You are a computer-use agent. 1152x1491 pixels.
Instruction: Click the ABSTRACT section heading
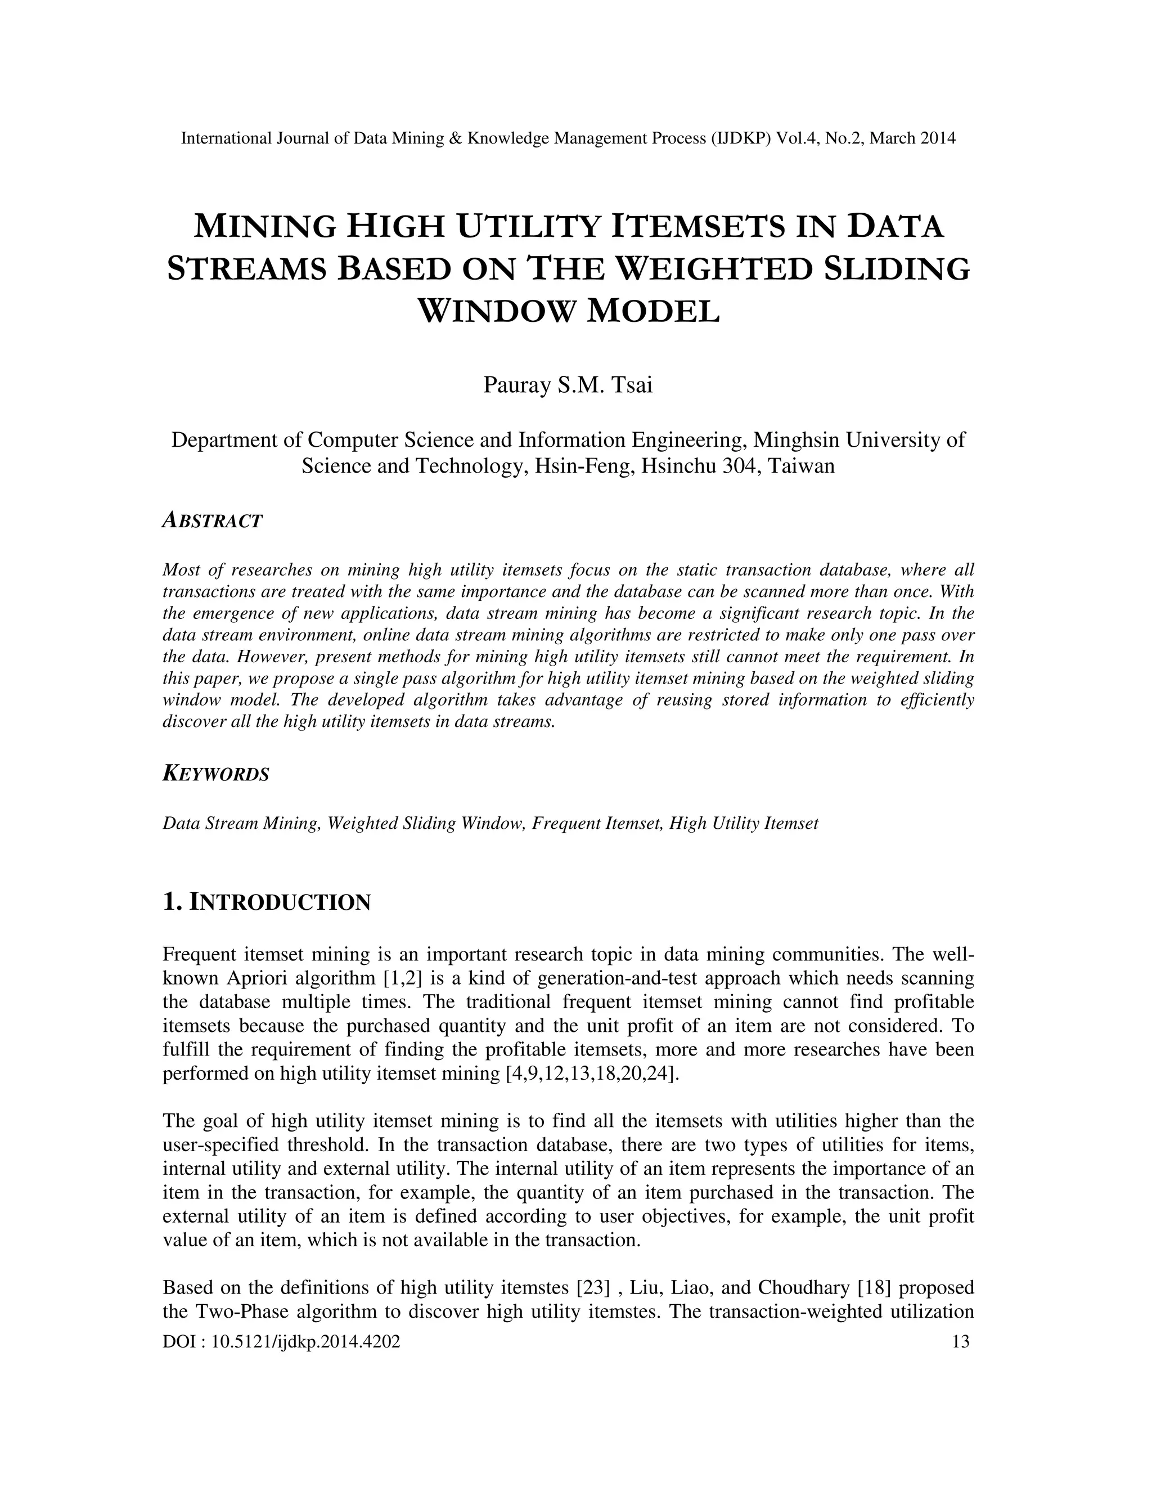pyautogui.click(x=212, y=521)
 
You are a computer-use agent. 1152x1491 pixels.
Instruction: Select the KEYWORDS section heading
pyautogui.click(x=215, y=774)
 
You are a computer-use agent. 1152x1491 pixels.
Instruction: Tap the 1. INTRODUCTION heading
pyautogui.click(x=266, y=902)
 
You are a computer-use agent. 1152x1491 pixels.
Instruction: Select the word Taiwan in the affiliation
pyautogui.click(x=804, y=466)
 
